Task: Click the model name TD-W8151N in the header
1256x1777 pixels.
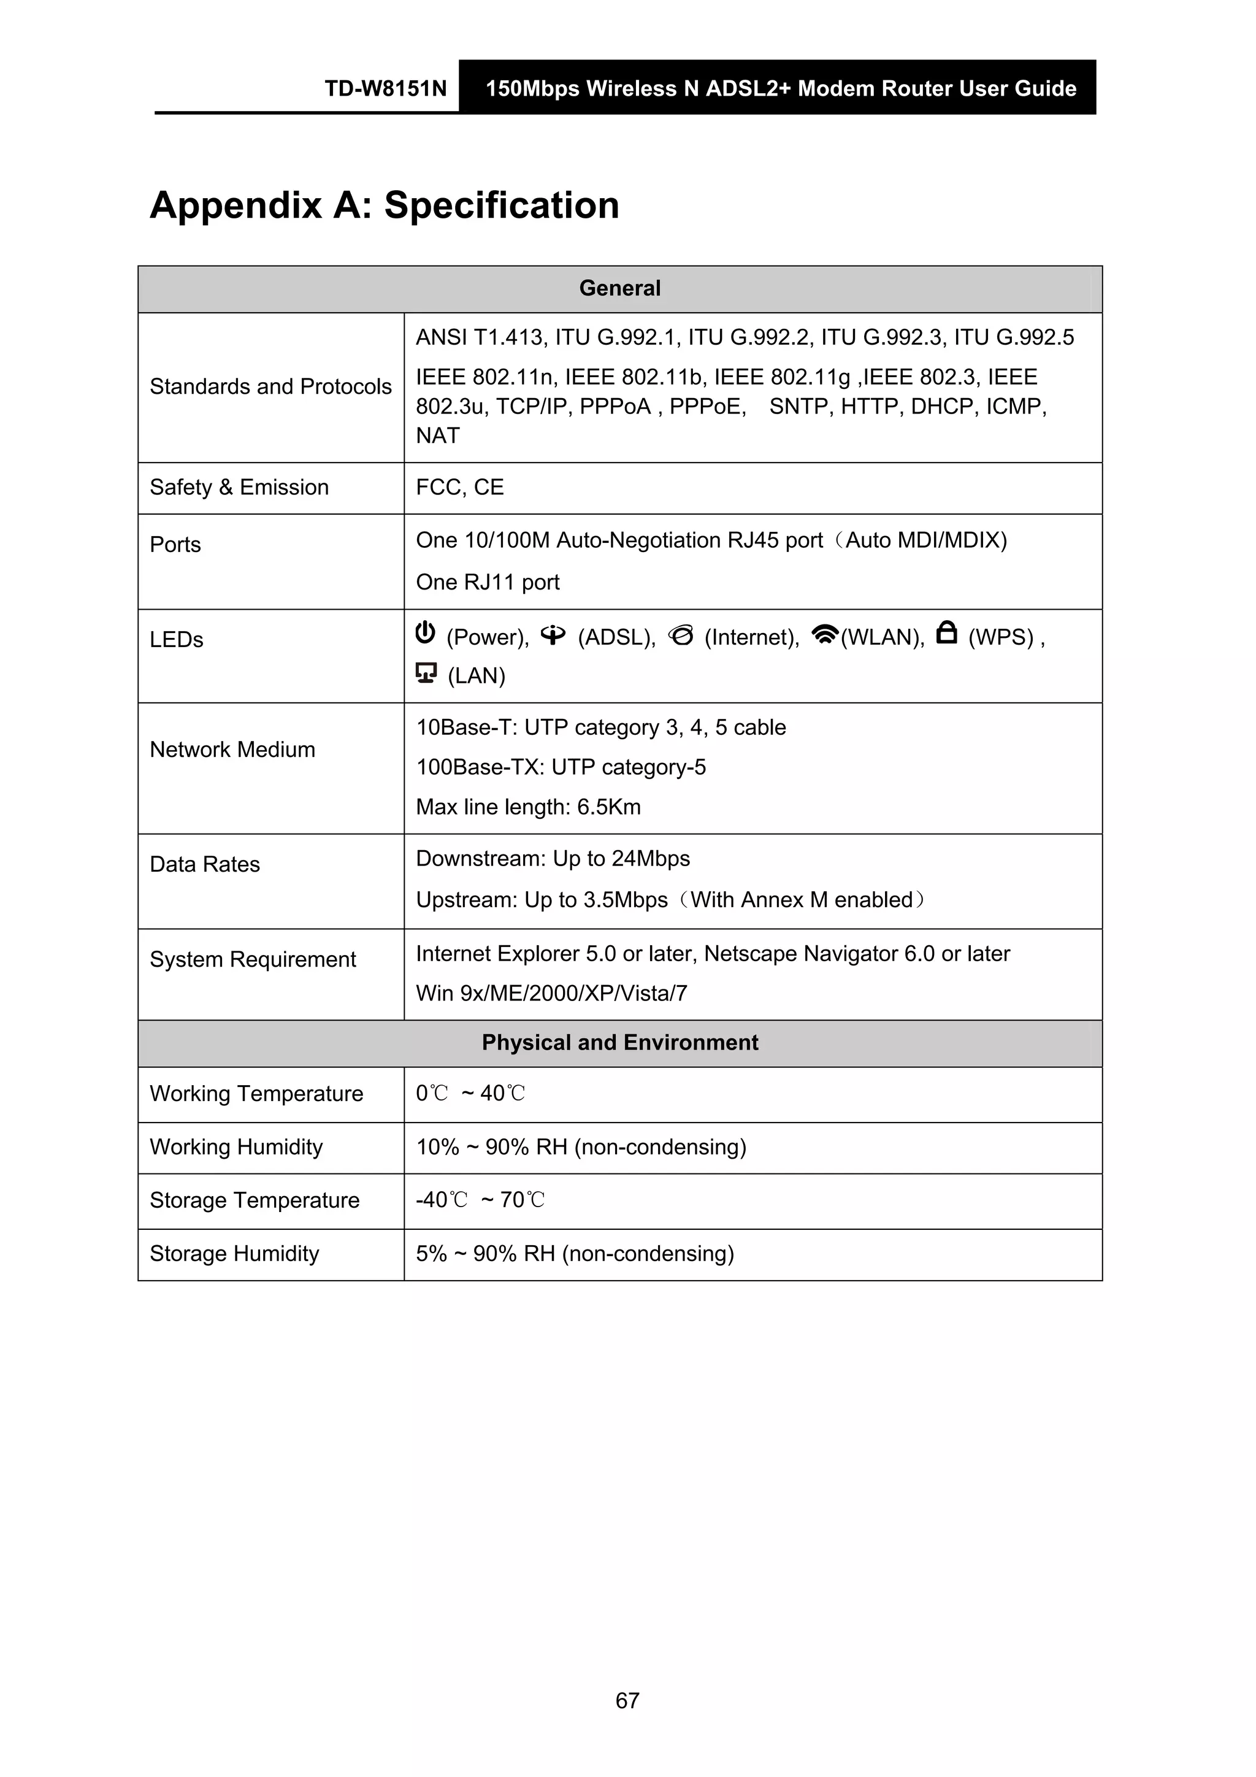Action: click(385, 88)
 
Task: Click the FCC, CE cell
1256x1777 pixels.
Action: click(460, 488)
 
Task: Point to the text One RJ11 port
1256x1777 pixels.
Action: click(488, 582)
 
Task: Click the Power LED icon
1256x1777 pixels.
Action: click(425, 633)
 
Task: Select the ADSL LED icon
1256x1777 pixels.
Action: click(553, 635)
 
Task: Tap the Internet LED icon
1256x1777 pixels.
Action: click(681, 635)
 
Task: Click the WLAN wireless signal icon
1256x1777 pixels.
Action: click(825, 635)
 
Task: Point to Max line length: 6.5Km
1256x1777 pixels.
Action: click(529, 807)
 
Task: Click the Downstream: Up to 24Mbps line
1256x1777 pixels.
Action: click(553, 859)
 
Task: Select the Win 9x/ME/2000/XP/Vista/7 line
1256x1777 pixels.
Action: click(552, 994)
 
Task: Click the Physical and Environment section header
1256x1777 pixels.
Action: click(620, 1043)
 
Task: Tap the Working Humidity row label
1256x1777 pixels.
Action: click(236, 1147)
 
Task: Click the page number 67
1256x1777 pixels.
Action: click(627, 1700)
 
